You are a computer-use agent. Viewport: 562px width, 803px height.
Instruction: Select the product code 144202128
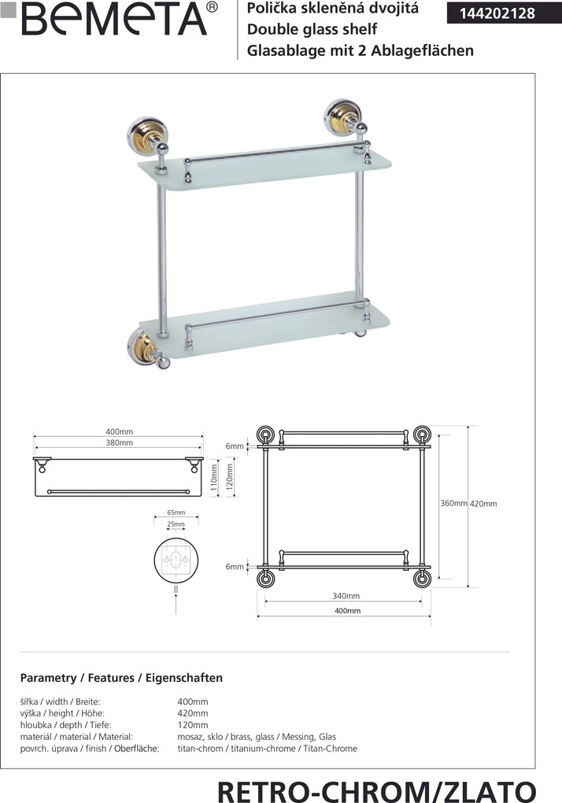tap(497, 13)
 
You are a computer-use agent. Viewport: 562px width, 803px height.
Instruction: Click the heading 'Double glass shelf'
tap(312, 29)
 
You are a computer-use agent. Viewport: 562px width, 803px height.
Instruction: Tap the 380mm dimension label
tap(120, 443)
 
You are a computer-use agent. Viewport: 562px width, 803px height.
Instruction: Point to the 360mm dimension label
tap(453, 503)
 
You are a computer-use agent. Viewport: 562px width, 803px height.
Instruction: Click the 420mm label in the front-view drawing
tap(483, 504)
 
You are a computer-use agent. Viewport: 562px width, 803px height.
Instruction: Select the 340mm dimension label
tap(346, 596)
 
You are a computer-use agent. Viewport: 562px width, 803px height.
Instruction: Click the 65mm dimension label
tap(176, 513)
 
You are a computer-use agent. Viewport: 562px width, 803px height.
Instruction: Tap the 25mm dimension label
tap(176, 524)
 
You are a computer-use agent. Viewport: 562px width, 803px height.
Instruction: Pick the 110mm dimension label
tap(214, 477)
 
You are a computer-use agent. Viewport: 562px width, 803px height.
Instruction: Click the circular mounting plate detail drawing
tap(176, 561)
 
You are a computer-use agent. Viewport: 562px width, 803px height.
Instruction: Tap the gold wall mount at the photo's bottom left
tap(140, 349)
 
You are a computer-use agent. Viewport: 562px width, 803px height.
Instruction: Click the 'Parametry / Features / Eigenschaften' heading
tap(121, 678)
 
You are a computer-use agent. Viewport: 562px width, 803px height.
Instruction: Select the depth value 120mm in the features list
tap(193, 725)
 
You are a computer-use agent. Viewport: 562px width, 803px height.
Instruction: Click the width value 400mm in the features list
tap(193, 701)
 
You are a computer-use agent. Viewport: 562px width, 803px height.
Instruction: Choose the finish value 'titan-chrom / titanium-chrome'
tap(236, 749)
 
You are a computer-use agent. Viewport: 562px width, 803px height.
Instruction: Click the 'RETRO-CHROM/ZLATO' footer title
tap(377, 790)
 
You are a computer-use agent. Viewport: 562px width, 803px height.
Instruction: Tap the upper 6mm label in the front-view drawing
tap(235, 446)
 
